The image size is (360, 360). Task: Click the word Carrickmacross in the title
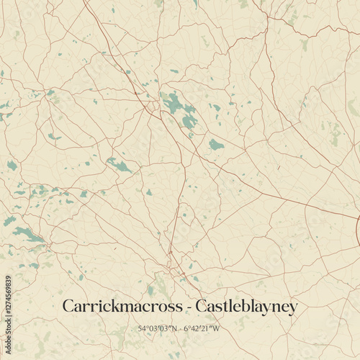117,307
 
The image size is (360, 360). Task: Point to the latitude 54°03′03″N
156,329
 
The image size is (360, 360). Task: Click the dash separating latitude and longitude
179,330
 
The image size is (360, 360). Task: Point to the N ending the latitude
173,329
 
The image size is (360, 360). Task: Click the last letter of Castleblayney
292,309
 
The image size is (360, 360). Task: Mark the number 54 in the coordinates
141,329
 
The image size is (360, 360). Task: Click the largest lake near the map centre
175,105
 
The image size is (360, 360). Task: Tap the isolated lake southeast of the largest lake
216,145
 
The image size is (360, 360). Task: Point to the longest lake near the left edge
27,233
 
